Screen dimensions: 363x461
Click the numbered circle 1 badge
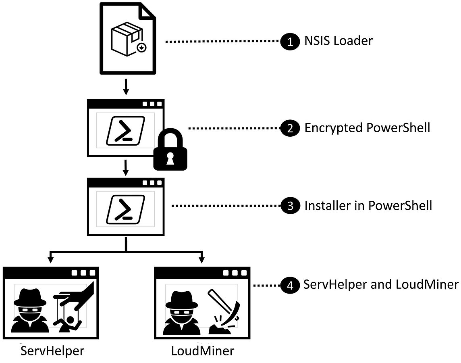point(289,41)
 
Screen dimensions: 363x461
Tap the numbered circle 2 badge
point(289,128)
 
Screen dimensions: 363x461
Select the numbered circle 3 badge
point(289,206)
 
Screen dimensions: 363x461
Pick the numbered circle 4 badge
point(289,285)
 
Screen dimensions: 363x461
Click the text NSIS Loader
point(338,41)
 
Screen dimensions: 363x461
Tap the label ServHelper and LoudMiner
point(381,285)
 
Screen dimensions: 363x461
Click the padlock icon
point(170,150)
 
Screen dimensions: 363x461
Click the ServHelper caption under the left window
point(52,350)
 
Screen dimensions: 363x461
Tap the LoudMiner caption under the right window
point(202,350)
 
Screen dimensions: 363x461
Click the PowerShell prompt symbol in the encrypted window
point(125,131)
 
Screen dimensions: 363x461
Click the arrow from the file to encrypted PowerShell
point(126,87)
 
